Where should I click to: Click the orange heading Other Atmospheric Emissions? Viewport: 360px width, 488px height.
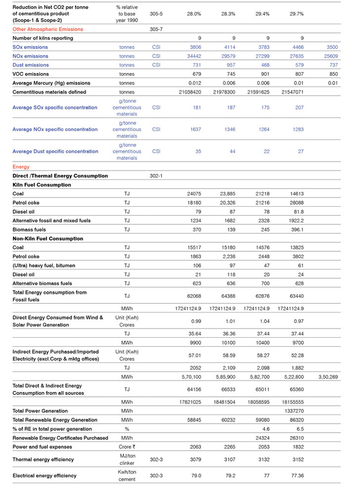pyautogui.click(x=47, y=29)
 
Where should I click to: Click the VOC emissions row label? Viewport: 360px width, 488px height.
pyautogui.click(x=30, y=74)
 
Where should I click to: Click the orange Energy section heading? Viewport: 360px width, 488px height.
pyautogui.click(x=21, y=167)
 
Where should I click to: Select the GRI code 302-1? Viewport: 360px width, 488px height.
pyautogui.click(x=156, y=176)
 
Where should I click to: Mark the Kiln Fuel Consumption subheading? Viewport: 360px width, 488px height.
pyautogui.click(x=42, y=185)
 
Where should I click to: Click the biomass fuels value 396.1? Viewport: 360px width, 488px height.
pyautogui.click(x=297, y=230)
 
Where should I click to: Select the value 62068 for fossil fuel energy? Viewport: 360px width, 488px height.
pyautogui.click(x=194, y=296)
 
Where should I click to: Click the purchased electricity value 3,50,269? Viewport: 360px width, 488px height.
pyautogui.click(x=327, y=376)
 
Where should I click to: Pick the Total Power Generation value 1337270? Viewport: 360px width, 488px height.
pyautogui.click(x=293, y=411)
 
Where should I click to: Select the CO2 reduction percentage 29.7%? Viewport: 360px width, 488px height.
pyautogui.click(x=297, y=14)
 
